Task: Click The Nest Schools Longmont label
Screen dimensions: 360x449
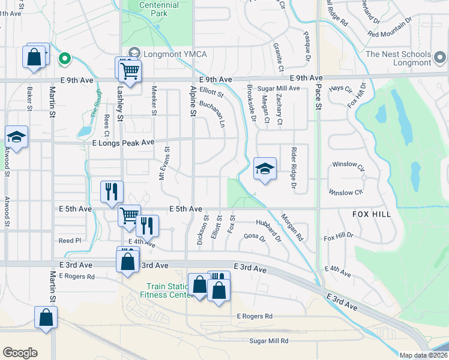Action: coord(399,58)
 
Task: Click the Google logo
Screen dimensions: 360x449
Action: coord(20,353)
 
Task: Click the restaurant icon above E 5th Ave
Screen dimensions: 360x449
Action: coord(112,192)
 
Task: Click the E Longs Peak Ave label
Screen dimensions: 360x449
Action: coord(124,142)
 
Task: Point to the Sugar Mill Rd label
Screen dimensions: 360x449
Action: coord(269,341)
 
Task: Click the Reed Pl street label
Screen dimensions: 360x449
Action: coord(70,241)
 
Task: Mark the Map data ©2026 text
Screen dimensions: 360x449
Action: coord(424,355)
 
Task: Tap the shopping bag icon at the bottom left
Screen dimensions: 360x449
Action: coord(46,318)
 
